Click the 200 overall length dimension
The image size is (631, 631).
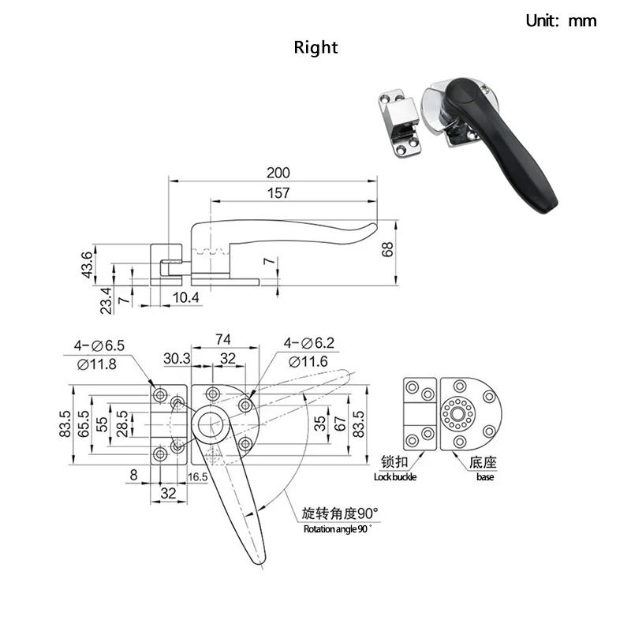tap(278, 173)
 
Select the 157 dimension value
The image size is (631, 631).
tap(278, 192)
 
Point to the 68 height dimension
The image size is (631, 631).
tap(387, 249)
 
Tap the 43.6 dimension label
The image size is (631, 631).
tap(88, 264)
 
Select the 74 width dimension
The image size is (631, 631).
tap(222, 339)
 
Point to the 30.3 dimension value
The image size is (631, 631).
tap(177, 358)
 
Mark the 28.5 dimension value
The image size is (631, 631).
tap(121, 424)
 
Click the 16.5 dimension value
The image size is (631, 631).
tap(198, 477)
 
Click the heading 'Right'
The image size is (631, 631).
tap(315, 47)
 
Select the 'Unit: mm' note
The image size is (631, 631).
tap(561, 21)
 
